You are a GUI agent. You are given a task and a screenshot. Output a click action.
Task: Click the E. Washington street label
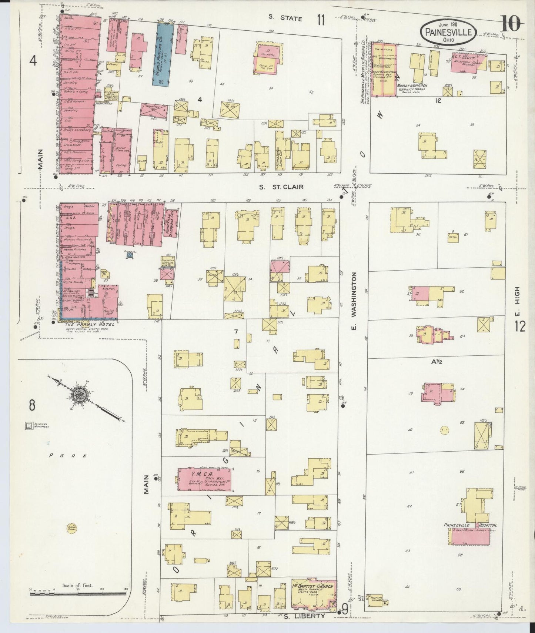(x=354, y=302)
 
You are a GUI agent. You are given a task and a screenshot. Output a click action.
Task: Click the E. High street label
(x=517, y=299)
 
